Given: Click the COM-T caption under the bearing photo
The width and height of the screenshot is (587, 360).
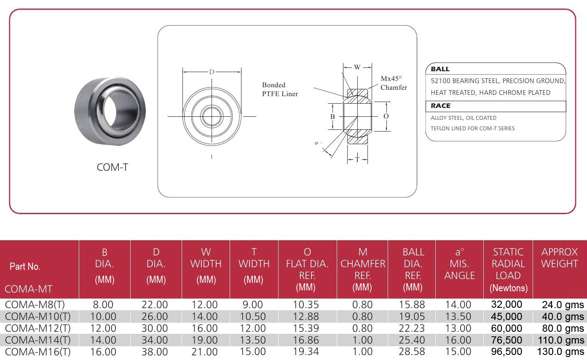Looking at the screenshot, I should (112, 167).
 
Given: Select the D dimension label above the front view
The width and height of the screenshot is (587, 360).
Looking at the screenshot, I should (212, 72).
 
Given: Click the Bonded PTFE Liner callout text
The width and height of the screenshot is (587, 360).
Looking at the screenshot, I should (280, 89).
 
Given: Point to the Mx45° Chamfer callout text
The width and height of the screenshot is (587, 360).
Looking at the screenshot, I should (394, 83).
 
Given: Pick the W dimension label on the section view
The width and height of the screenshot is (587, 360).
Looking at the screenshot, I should (357, 67).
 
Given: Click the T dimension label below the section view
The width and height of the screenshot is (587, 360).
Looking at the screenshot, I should (357, 159).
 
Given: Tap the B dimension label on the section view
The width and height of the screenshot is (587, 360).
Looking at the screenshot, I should (332, 116).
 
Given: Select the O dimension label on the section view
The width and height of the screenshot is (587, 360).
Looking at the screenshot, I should (386, 116).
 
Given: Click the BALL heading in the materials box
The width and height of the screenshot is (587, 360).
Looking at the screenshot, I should (440, 69).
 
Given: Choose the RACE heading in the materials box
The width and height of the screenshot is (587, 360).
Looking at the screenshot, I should (440, 106).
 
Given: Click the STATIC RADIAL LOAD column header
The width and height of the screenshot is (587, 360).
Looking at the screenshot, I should (508, 270).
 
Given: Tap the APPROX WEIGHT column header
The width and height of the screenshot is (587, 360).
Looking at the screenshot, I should (560, 258).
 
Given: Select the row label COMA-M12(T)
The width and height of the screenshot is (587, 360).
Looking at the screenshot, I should (38, 328).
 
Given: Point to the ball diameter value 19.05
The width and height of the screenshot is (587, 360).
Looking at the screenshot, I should (413, 317).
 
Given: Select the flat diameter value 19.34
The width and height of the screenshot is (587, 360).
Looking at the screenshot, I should (306, 352).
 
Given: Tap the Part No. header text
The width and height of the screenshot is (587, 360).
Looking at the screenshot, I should (25, 266).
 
